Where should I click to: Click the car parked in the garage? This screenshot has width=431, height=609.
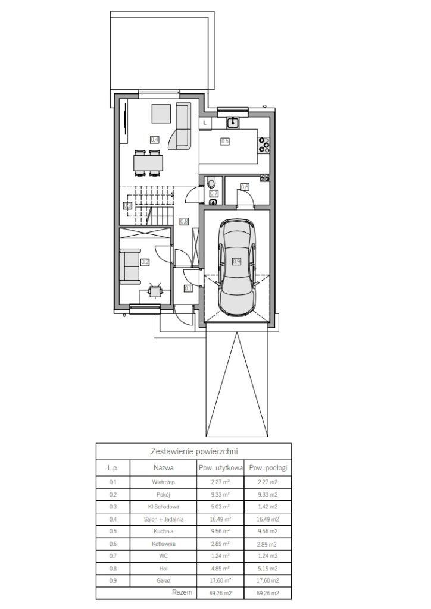(237, 267)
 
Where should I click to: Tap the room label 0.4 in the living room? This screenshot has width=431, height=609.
(154, 139)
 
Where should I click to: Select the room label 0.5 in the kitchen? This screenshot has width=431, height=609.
(224, 142)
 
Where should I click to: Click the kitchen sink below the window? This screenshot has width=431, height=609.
(233, 123)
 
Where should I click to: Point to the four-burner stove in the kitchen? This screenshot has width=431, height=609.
(264, 144)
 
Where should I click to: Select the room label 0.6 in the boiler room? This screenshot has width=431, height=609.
(245, 187)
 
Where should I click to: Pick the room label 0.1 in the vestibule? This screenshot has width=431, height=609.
(189, 288)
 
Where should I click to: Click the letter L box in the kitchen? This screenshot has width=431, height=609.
(205, 123)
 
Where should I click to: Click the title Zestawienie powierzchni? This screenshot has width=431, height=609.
(194, 451)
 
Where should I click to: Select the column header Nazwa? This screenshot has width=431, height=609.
(163, 468)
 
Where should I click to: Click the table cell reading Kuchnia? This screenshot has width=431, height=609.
(163, 531)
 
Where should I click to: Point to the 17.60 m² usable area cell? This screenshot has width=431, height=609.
(220, 580)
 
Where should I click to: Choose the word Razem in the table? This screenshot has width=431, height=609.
(182, 592)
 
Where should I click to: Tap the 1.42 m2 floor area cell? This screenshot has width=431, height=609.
(267, 507)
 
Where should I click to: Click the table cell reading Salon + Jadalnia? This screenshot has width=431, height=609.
(163, 519)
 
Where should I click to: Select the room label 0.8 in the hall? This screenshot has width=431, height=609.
(184, 221)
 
